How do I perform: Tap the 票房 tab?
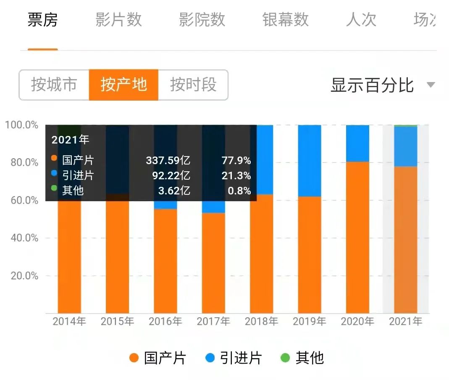click(42, 20)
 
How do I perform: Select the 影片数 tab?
click(118, 20)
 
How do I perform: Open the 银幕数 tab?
click(285, 20)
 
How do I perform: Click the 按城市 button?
click(54, 85)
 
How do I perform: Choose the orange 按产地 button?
click(123, 85)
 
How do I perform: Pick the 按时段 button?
click(193, 85)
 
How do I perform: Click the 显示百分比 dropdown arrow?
click(431, 85)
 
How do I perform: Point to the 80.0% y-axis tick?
click(21, 162)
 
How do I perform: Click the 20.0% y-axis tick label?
click(21, 276)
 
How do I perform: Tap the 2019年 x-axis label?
click(310, 322)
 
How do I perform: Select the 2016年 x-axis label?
click(165, 322)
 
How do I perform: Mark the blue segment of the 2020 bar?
click(357, 143)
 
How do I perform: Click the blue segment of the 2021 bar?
click(405, 146)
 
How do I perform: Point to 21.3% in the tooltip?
click(236, 175)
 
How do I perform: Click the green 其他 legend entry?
click(302, 358)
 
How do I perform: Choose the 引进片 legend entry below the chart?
click(234, 358)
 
